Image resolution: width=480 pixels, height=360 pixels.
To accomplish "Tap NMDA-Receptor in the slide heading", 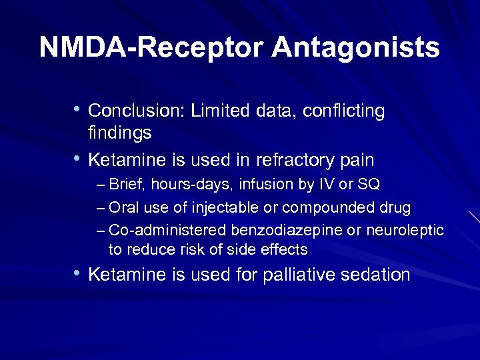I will click(151, 48).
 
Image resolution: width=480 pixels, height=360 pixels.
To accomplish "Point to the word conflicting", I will click(343, 111).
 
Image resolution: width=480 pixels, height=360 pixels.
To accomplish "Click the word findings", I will click(120, 133).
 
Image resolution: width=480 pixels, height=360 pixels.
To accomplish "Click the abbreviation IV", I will click(327, 185).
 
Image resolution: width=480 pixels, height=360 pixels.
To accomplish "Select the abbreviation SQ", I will click(369, 185).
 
